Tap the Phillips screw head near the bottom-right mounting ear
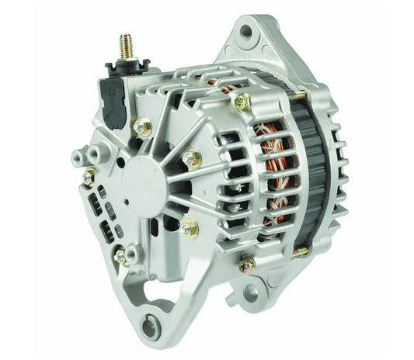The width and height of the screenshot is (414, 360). coord(248,265)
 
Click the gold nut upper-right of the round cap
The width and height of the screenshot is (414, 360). coord(191,158)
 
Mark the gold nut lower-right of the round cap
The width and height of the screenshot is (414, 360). coord(187,228)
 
